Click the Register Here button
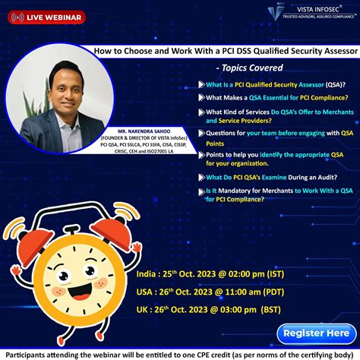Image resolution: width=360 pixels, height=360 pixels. coord(315,332)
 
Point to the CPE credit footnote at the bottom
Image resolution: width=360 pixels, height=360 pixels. coord(179,353)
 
